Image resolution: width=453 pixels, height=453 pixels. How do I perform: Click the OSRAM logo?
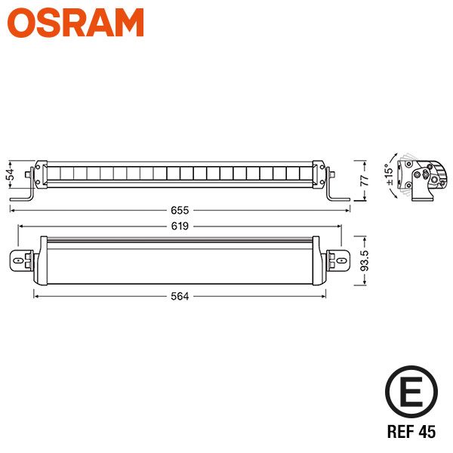pos(76,23)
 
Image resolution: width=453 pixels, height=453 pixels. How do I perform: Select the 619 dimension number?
pos(179,225)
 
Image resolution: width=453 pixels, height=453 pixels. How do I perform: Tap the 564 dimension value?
pos(179,296)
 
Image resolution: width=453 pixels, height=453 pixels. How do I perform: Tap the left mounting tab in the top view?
pos(22,260)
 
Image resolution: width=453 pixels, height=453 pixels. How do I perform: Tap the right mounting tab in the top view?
pos(339,260)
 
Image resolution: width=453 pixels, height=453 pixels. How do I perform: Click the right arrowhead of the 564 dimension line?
pos(324,296)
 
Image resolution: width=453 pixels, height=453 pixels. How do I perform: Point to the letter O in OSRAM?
pos(24,23)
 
